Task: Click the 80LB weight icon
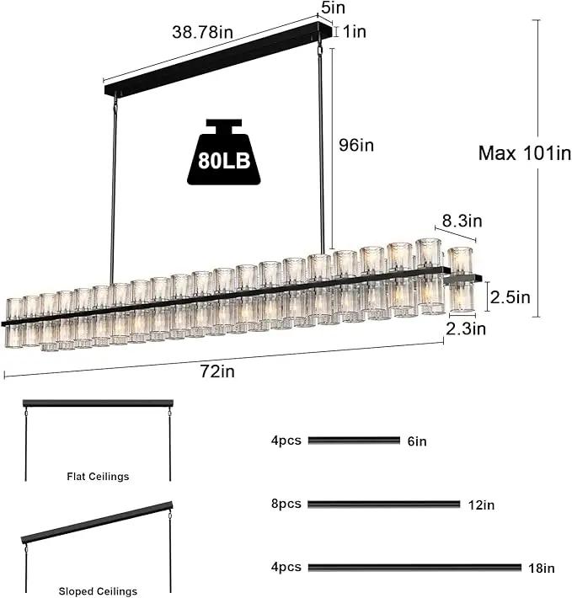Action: point(224,152)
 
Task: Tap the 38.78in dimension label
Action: point(202,32)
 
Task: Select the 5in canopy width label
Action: point(334,8)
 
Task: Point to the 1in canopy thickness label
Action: point(355,32)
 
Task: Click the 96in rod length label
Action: point(356,146)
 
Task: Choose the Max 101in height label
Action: point(525,153)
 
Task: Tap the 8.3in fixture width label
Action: point(462,221)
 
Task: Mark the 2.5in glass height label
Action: point(511,297)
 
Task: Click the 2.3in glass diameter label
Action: point(466,328)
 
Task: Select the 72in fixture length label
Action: point(217,371)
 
